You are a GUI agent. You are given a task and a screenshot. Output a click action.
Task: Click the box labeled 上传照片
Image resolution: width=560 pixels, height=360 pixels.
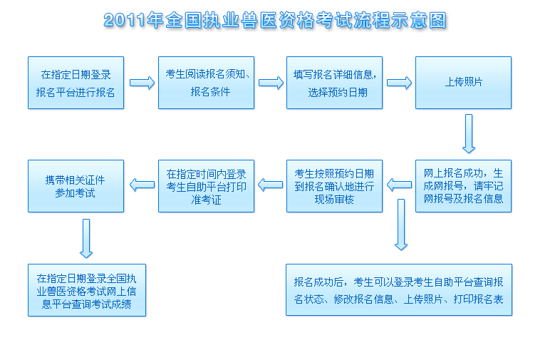click(x=463, y=83)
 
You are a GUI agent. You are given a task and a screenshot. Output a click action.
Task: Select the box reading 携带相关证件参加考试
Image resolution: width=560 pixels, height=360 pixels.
click(x=76, y=186)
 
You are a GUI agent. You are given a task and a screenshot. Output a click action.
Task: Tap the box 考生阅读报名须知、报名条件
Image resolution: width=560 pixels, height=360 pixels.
click(x=206, y=83)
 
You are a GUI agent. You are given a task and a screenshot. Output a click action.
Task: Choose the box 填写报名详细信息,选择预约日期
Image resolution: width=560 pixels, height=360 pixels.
click(x=334, y=83)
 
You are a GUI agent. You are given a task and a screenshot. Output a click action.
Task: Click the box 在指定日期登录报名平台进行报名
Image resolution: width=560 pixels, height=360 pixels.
click(x=76, y=83)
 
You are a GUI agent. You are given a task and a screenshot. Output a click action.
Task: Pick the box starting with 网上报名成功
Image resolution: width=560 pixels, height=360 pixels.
click(x=463, y=186)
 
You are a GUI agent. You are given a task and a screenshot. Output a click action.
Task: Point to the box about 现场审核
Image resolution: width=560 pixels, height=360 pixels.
click(x=334, y=186)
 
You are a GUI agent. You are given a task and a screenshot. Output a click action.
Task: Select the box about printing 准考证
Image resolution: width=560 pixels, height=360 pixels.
click(x=206, y=186)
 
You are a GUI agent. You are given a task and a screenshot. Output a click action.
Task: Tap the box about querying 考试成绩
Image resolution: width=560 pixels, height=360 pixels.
click(x=87, y=290)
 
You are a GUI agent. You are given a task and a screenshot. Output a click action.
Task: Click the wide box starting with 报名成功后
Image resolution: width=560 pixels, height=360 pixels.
click(x=399, y=289)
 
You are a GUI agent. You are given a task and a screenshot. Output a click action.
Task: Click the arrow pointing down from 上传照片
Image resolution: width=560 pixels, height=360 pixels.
click(x=469, y=134)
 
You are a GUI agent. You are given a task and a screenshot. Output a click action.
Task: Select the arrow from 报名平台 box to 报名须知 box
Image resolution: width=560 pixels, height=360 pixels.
click(x=142, y=83)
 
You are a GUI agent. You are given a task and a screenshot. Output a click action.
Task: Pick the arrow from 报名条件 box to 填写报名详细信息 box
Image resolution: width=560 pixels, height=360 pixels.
click(x=271, y=83)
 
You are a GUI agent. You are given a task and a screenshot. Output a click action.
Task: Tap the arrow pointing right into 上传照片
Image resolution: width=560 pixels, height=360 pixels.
click(x=399, y=83)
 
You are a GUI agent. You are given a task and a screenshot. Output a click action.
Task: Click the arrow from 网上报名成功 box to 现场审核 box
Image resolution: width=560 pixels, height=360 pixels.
click(x=399, y=185)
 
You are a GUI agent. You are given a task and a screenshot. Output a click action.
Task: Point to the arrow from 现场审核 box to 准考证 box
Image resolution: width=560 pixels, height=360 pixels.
click(x=270, y=185)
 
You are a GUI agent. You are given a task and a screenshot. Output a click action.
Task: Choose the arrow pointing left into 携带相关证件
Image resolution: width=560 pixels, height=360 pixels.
click(x=142, y=185)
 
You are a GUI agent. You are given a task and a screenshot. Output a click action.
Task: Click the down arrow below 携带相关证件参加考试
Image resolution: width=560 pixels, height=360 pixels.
click(x=86, y=238)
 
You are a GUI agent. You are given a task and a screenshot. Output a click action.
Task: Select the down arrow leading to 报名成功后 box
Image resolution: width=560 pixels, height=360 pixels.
click(x=401, y=225)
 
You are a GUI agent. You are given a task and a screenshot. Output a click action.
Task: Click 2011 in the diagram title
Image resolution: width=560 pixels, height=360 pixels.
click(x=125, y=21)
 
